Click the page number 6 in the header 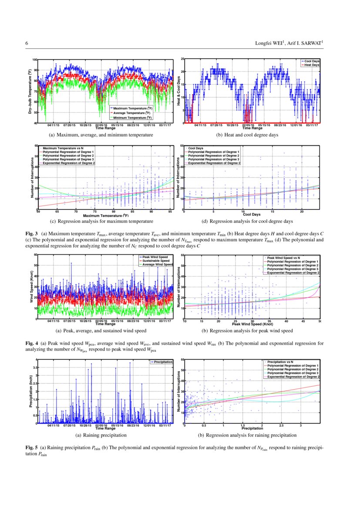(27, 43)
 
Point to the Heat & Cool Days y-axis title (178, 91)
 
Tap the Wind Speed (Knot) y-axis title (31, 287)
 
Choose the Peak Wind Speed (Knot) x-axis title (252, 324)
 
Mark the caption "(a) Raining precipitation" (101, 435)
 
